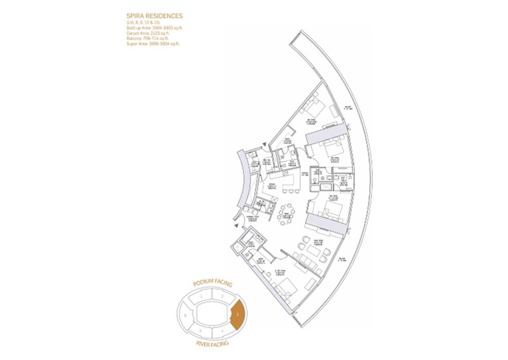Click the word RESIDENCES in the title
point(165,16)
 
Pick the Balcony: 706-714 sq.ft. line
point(149,39)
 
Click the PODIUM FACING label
point(213,284)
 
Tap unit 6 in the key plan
point(185,314)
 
